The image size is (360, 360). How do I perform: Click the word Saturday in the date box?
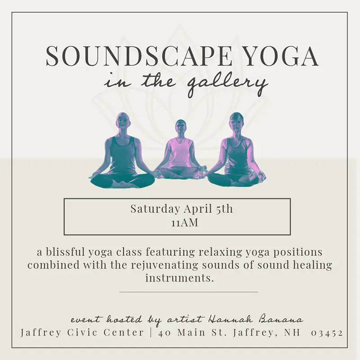[x=155, y=209]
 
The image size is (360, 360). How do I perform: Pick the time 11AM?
[x=184, y=223]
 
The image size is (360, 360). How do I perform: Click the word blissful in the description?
[x=66, y=252]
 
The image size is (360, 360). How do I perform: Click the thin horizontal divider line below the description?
[x=189, y=292]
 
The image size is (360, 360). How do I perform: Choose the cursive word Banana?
[x=281, y=319]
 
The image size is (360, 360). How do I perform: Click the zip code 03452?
[x=327, y=333]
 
